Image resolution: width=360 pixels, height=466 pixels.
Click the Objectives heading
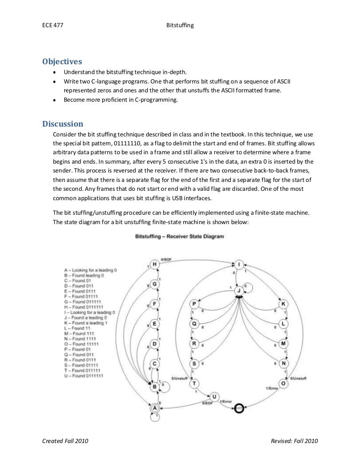point(62,61)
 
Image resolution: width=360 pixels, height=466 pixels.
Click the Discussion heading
point(63,124)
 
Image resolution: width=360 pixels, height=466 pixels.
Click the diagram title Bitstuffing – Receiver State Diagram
point(180,236)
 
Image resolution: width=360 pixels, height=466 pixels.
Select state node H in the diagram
point(155,264)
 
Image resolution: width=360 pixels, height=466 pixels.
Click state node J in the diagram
point(239,291)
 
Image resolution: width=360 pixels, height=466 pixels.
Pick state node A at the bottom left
point(155,408)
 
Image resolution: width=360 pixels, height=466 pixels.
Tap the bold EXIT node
point(240,407)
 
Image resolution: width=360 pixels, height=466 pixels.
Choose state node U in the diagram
point(214,396)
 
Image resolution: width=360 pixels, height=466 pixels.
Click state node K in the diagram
point(284,304)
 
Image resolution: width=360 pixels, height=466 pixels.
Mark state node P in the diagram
point(194,304)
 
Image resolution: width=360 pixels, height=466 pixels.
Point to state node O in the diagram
point(284,383)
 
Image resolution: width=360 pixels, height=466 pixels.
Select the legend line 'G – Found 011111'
point(84,301)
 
